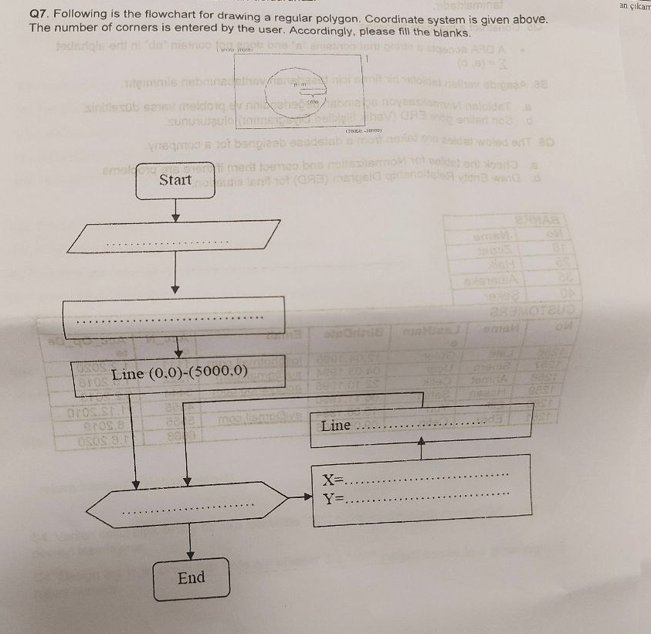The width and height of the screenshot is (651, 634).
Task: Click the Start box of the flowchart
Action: coord(175,180)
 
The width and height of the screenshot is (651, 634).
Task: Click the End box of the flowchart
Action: coord(192,578)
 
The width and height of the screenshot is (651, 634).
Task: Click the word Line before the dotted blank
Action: coord(336,426)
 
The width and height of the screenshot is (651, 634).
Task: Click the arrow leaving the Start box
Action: coord(176,207)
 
